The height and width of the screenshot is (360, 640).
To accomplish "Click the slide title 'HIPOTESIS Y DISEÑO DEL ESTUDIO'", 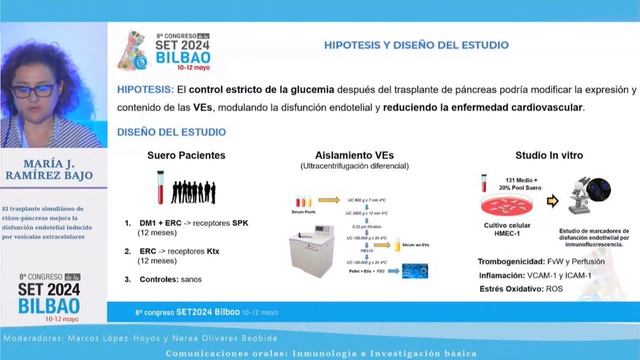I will pos(415,45).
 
